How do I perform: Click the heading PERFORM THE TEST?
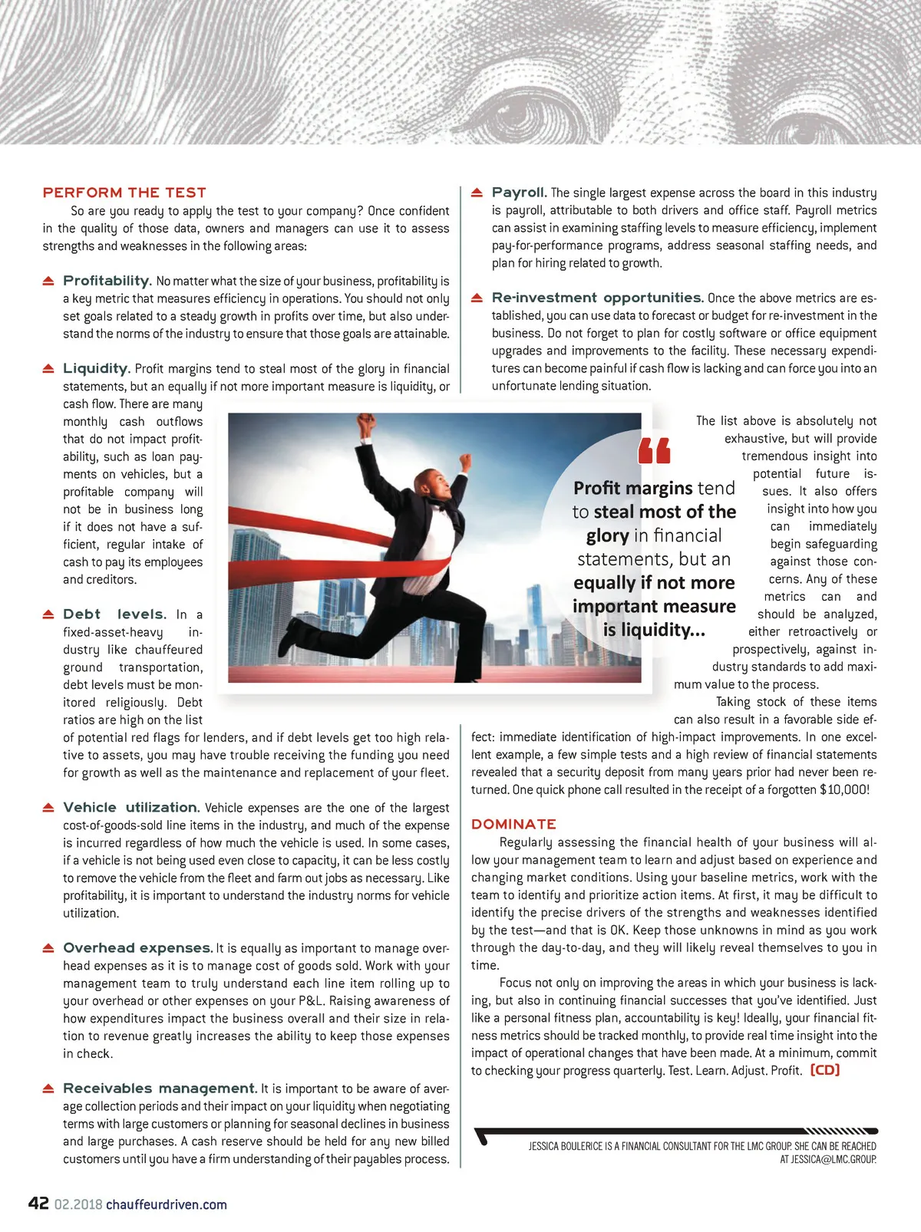pyautogui.click(x=124, y=193)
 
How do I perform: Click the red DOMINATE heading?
pyautogui.click(x=513, y=824)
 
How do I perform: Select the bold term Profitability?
pyautogui.click(x=107, y=281)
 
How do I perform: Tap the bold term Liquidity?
pyautogui.click(x=96, y=368)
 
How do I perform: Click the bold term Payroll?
pyautogui.click(x=519, y=192)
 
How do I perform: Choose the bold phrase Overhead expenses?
pyautogui.click(x=137, y=947)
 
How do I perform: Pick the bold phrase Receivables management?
pyautogui.click(x=160, y=1088)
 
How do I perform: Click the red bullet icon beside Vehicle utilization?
pyautogui.click(x=48, y=808)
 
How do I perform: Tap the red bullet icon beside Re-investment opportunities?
pyautogui.click(x=477, y=298)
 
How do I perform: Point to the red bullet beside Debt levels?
pyautogui.click(x=48, y=614)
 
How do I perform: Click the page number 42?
pyautogui.click(x=38, y=1203)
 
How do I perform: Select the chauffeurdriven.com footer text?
pyautogui.click(x=167, y=1204)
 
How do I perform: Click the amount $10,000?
pyautogui.click(x=843, y=789)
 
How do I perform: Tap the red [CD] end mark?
pyautogui.click(x=825, y=1070)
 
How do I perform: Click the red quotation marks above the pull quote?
pyautogui.click(x=655, y=451)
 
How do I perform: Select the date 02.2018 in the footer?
pyautogui.click(x=78, y=1204)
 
